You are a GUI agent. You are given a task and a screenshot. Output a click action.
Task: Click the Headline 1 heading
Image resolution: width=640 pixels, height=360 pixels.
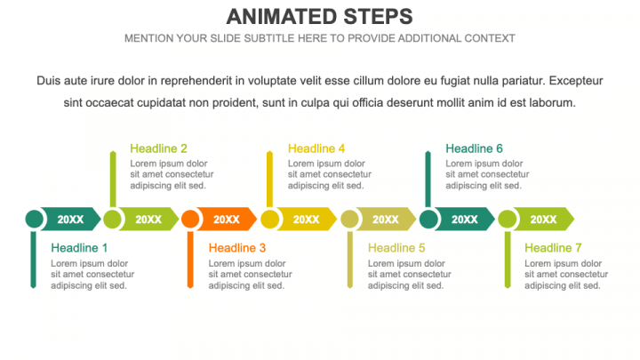[79, 248]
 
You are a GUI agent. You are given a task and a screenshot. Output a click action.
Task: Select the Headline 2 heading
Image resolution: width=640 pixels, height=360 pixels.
[158, 148]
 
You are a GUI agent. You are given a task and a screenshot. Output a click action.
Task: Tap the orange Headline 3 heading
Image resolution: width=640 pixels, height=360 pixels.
[237, 248]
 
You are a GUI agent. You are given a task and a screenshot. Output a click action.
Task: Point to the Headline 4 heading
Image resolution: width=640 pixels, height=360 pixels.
[316, 148]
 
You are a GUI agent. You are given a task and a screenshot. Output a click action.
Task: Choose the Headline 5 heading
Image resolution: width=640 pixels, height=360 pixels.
[396, 248]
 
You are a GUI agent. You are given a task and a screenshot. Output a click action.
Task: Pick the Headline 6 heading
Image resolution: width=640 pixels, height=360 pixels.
[474, 148]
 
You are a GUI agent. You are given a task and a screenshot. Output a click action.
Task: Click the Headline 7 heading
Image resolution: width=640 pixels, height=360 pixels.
[553, 248]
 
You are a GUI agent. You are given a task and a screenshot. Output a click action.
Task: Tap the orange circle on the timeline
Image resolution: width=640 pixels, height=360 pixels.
[190, 220]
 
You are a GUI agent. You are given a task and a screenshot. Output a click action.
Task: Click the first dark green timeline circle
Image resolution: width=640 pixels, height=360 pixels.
[35, 220]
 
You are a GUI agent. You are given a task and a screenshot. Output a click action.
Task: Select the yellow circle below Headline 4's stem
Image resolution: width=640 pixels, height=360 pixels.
[270, 220]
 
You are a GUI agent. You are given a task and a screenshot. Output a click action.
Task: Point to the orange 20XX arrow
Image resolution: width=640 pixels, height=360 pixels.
[227, 220]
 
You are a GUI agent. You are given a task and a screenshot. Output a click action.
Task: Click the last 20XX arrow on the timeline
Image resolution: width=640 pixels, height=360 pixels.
[543, 220]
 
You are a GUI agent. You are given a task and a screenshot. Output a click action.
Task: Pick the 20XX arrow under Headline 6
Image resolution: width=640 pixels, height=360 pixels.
[465, 220]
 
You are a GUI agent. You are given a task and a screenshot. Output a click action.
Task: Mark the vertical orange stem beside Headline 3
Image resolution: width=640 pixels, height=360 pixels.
[190, 260]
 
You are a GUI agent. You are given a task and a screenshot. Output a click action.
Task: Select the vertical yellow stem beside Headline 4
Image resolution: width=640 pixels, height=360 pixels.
[270, 180]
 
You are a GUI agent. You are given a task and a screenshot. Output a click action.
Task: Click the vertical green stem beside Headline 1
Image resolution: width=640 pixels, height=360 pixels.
[34, 260]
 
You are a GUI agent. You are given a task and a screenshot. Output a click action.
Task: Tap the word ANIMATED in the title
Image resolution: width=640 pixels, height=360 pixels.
[282, 17]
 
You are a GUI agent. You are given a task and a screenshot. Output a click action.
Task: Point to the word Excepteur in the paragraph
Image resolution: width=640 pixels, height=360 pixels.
[576, 81]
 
